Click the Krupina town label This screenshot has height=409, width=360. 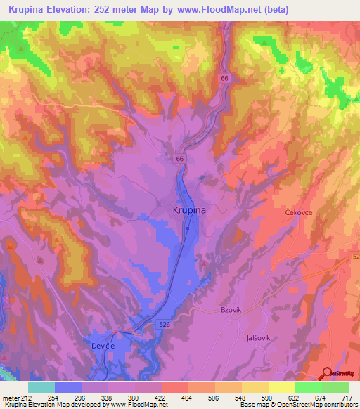[x=189, y=209]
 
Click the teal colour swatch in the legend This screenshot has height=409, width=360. [x=41, y=387]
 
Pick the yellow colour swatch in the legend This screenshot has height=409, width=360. [x=281, y=387]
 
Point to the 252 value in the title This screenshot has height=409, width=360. [x=124, y=10]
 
